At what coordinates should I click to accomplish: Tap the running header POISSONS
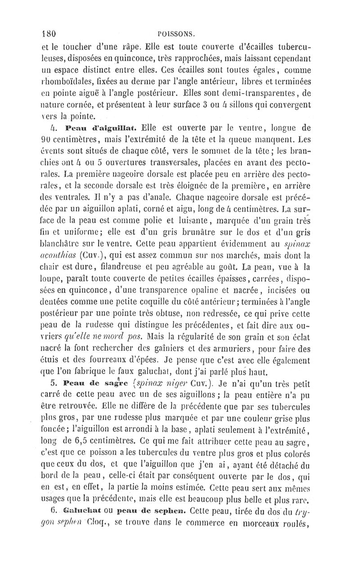click(x=179, y=32)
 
